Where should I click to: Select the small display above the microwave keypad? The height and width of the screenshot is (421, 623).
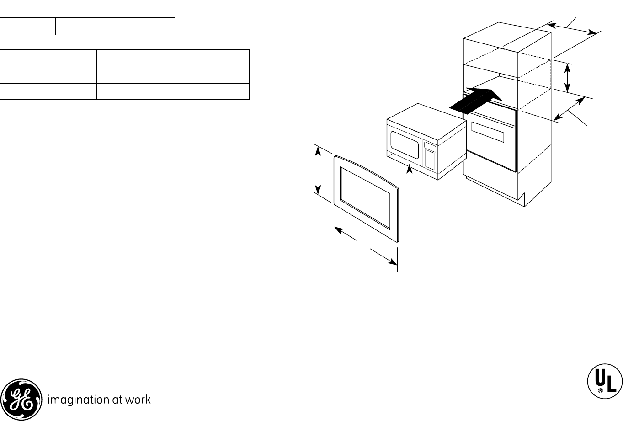tap(429, 147)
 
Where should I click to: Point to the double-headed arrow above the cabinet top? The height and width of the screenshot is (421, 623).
tap(572, 28)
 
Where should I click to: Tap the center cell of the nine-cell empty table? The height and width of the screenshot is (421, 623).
tap(128, 75)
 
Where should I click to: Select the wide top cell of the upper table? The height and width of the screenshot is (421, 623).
tap(87, 9)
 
